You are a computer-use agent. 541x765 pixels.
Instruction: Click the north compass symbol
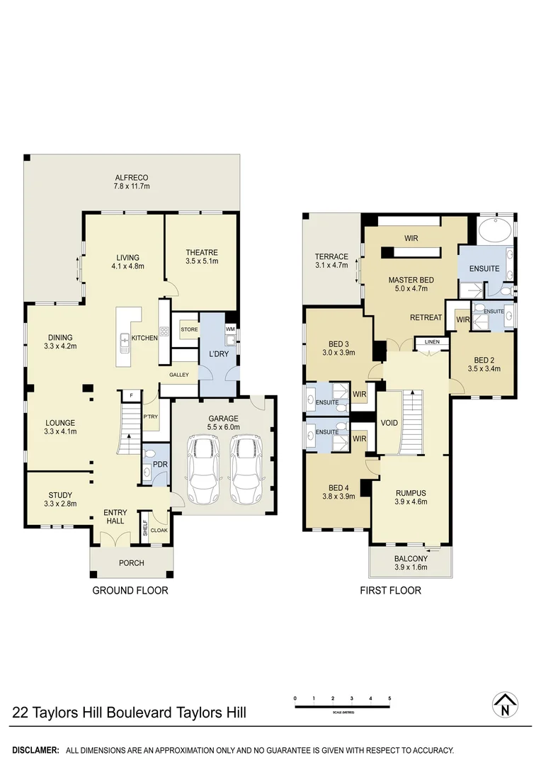[505, 705]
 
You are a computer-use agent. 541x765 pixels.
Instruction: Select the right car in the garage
[246, 469]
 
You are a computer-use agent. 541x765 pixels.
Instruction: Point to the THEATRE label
[202, 253]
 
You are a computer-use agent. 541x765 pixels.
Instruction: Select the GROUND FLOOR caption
[131, 590]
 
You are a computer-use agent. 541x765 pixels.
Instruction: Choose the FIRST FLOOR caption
[390, 590]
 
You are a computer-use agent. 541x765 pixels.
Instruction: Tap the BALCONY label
[410, 558]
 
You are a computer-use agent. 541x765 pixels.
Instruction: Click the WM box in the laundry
[230, 329]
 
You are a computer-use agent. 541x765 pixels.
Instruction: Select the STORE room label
[189, 329]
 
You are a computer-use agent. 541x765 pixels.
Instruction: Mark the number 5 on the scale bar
[389, 698]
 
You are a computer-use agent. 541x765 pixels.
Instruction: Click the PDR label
[159, 465]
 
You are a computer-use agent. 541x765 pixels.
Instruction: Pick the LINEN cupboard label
[431, 342]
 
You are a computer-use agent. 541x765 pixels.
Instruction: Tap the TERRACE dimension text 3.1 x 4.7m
[331, 266]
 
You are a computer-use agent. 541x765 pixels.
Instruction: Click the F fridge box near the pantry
[131, 395]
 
